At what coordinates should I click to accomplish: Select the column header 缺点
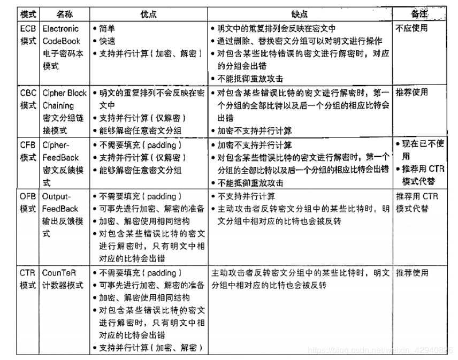pyautogui.click(x=300, y=14)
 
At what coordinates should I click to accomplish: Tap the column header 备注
pyautogui.click(x=419, y=14)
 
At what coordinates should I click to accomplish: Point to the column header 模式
pyautogui.click(x=28, y=14)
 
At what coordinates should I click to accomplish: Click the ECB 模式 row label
pyautogui.click(x=28, y=35)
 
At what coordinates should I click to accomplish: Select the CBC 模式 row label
pyautogui.click(x=28, y=99)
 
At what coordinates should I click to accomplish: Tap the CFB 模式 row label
pyautogui.click(x=28, y=151)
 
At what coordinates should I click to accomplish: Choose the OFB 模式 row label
pyautogui.click(x=28, y=203)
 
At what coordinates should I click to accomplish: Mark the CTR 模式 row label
pyautogui.click(x=28, y=279)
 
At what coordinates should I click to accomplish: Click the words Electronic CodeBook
pyautogui.click(x=61, y=35)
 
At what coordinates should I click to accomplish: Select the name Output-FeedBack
pyautogui.click(x=60, y=203)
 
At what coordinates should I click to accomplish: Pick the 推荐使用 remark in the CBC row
pyautogui.click(x=412, y=93)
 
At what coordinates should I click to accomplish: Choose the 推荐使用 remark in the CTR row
pyautogui.click(x=412, y=273)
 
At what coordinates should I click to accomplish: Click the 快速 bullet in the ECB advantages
pyautogui.click(x=107, y=41)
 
